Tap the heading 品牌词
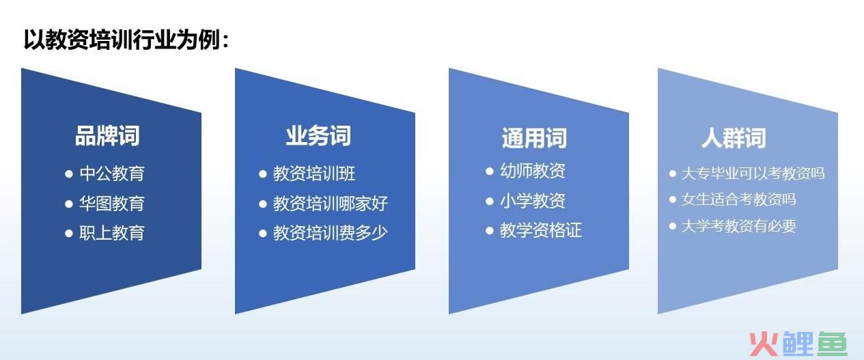[x=107, y=136]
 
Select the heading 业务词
[x=318, y=136]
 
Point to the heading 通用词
[x=534, y=138]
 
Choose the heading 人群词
[x=734, y=138]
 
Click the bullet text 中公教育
[x=112, y=174]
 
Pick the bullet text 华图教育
[x=112, y=204]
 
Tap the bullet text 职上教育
[x=112, y=233]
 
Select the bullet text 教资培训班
[x=314, y=174]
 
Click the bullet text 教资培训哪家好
[x=331, y=204]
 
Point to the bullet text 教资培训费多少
[x=331, y=233]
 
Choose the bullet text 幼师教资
[x=533, y=171]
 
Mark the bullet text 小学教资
[x=533, y=201]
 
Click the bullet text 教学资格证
[x=541, y=230]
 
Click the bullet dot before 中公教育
[x=69, y=174]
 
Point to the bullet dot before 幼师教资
[x=490, y=171]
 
